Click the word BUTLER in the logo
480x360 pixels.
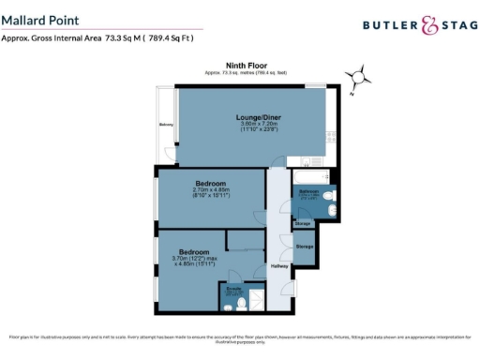pyautogui.click(x=387, y=27)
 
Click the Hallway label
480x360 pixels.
pyautogui.click(x=279, y=267)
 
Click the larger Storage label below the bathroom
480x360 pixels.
pyautogui.click(x=305, y=246)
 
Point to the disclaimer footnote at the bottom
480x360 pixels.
pyautogui.click(x=240, y=338)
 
